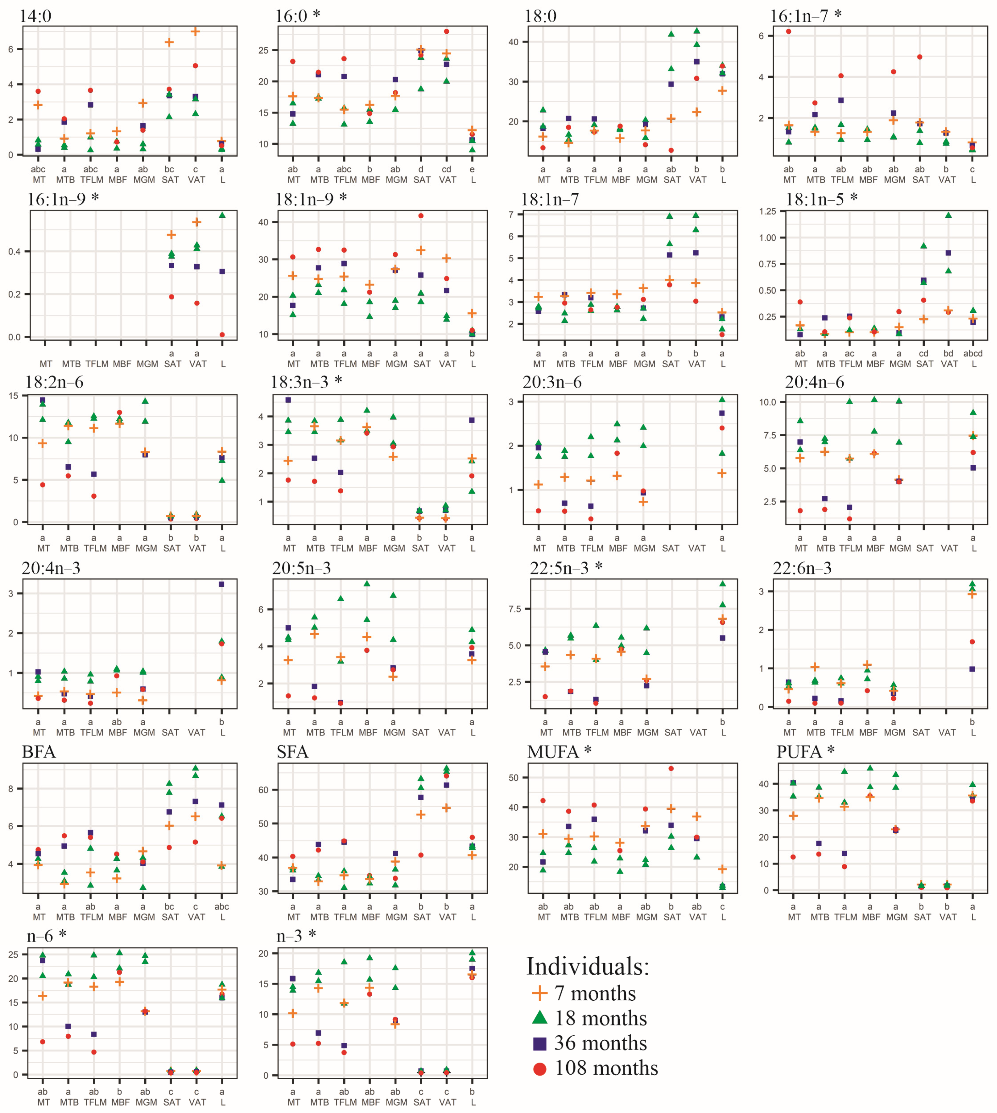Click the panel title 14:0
click(x=36, y=16)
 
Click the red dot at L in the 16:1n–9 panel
click(x=222, y=335)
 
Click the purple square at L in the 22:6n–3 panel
click(x=972, y=669)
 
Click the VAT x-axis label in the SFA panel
click(x=447, y=917)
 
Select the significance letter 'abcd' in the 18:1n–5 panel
click(x=973, y=354)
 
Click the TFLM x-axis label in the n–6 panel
click(x=95, y=1102)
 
